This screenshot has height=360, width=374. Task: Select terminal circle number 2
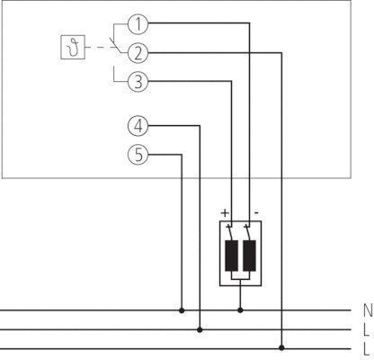[x=138, y=53]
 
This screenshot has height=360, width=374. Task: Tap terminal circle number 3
[x=138, y=81]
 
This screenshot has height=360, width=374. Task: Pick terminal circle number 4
[x=138, y=126]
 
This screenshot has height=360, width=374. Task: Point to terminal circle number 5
[x=138, y=155]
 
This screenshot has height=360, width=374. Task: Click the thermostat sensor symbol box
[x=73, y=47]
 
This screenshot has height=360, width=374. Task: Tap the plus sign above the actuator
[x=225, y=213]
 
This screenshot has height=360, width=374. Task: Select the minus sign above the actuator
[x=256, y=212]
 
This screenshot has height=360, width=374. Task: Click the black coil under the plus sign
[x=231, y=256]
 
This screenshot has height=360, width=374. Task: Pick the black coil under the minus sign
[x=249, y=256]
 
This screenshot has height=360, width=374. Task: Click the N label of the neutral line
[x=368, y=310]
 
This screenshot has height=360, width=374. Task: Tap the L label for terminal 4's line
[x=366, y=329]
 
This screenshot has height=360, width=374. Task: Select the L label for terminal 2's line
[x=366, y=349]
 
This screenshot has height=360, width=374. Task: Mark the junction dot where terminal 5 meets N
[x=182, y=310]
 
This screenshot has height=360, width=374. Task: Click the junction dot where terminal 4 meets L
[x=200, y=329]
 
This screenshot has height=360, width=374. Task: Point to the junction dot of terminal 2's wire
[x=281, y=347]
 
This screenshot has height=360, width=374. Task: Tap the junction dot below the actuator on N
[x=240, y=310]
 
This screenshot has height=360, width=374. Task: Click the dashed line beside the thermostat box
[x=100, y=47]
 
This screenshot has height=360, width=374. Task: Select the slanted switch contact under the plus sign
[x=230, y=232]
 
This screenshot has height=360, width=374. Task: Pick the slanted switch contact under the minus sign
[x=247, y=232]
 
